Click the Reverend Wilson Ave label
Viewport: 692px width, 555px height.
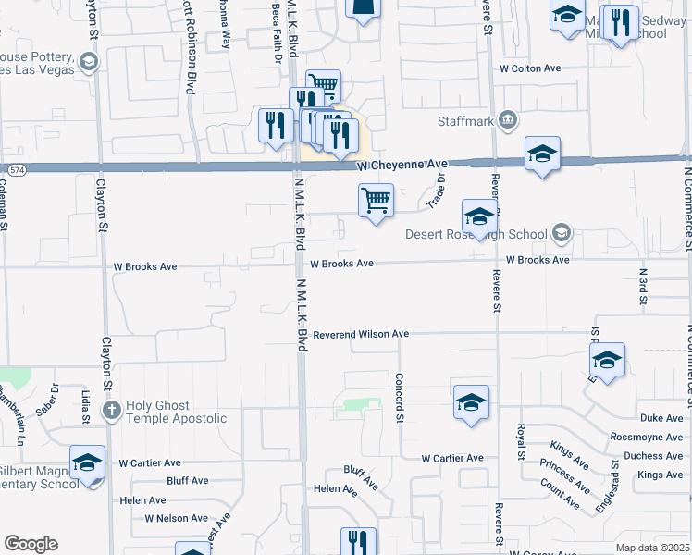[361, 334]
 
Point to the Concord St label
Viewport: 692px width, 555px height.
[401, 399]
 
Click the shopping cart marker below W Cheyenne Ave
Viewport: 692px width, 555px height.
[376, 201]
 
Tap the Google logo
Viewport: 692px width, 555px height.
[31, 544]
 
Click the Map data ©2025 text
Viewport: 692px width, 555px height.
[651, 548]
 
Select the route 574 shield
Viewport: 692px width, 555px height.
[18, 170]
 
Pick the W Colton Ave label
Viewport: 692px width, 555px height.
[530, 68]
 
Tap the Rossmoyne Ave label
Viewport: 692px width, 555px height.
[646, 437]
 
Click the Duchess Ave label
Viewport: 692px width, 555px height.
[653, 456]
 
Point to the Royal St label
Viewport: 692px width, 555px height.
[521, 439]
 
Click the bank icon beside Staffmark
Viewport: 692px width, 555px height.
[507, 120]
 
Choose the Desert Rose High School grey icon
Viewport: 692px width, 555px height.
[560, 234]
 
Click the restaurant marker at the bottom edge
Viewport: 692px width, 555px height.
[358, 542]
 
